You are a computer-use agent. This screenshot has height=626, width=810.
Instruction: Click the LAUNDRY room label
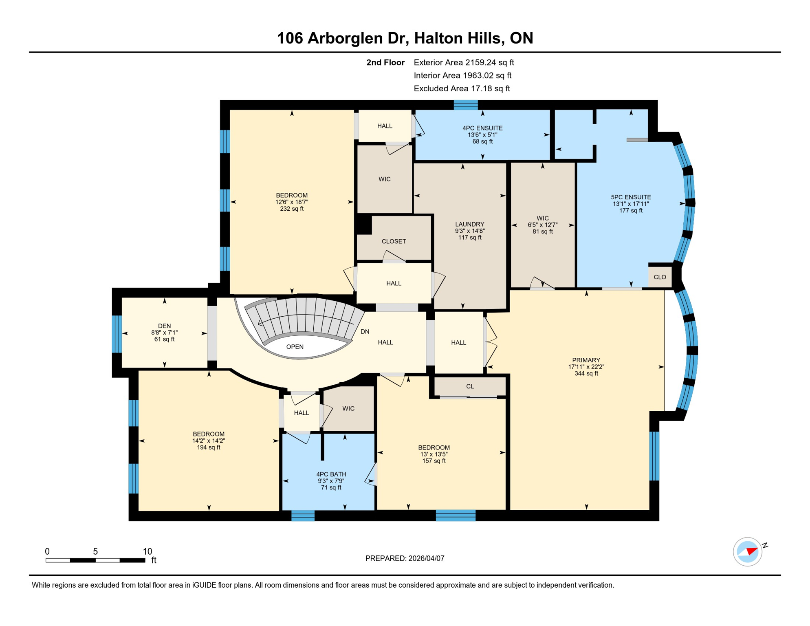[x=469, y=224]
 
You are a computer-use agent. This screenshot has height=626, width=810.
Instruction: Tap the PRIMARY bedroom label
[x=586, y=360]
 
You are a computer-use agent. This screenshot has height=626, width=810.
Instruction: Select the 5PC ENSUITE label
[x=631, y=197]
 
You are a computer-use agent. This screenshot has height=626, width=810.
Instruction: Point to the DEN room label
[x=164, y=326]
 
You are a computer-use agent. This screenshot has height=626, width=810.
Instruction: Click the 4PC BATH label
[x=331, y=474]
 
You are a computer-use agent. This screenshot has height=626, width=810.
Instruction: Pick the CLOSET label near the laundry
[x=394, y=241]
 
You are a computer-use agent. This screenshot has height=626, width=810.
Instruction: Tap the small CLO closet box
[x=660, y=277]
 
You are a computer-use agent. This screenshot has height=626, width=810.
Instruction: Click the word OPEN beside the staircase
[x=295, y=347]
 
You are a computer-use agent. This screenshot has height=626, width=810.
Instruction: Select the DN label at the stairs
[x=365, y=332]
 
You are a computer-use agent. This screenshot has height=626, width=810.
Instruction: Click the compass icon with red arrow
[x=748, y=552]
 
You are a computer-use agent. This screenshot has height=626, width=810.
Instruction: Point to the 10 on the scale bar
[x=147, y=551]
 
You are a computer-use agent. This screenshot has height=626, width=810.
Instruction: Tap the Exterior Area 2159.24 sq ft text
[x=464, y=62]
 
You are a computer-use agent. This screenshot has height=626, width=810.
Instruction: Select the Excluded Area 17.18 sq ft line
[x=462, y=88]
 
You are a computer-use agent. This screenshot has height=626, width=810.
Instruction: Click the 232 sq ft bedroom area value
[x=292, y=209]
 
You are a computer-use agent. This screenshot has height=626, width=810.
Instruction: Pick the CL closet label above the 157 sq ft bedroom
[x=470, y=386]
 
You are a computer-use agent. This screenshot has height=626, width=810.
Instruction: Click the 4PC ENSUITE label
[x=482, y=128]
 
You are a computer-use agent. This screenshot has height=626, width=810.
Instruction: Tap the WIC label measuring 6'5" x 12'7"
[x=542, y=218]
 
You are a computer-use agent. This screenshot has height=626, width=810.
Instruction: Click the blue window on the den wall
[x=117, y=333]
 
